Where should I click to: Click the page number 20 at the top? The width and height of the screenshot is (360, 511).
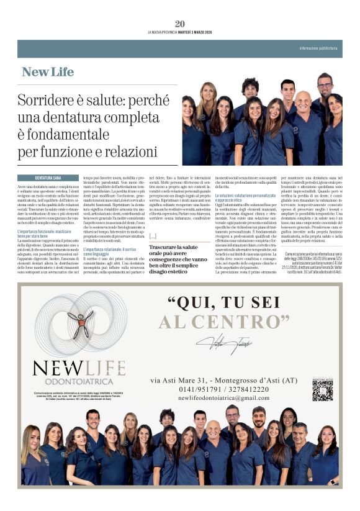180,24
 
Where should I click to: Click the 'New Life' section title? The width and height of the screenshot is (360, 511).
48,72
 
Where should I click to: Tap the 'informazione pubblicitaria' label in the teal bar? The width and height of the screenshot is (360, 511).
318,48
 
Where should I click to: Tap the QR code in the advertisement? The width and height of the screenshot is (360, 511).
322,390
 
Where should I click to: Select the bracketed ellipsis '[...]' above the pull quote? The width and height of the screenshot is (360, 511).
153,236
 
